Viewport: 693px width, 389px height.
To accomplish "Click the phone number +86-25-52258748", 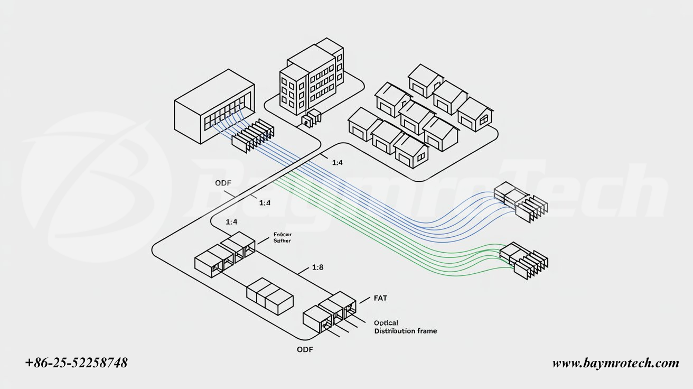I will click(77, 363).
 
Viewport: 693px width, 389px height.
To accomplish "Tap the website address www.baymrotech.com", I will click(615, 363).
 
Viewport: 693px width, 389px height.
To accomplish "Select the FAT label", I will click(380, 298).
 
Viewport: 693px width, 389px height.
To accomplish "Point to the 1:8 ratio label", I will click(317, 267).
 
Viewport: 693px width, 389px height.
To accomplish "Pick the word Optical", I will click(386, 322).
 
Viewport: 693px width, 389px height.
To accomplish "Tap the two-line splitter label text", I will click(282, 237).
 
